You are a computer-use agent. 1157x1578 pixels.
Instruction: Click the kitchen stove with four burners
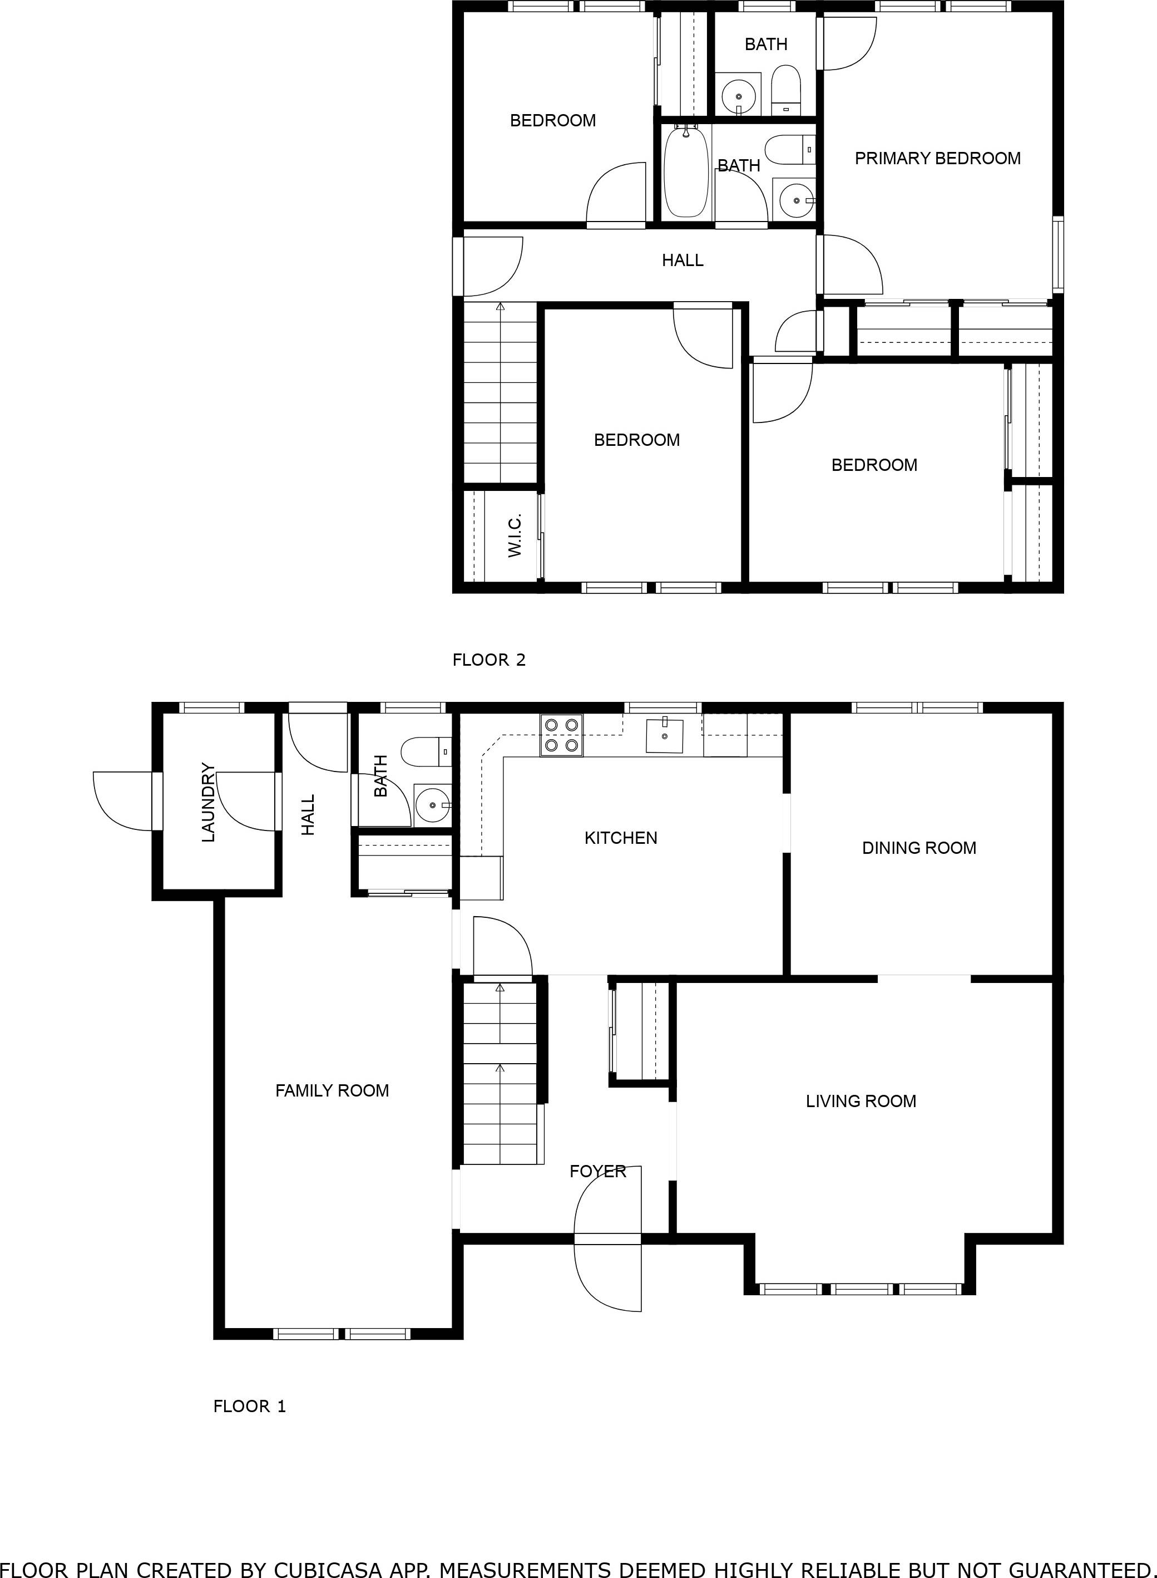[x=562, y=735]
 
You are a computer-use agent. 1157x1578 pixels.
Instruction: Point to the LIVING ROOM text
[x=861, y=1101]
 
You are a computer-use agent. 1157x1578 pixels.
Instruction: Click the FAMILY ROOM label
[x=332, y=1090]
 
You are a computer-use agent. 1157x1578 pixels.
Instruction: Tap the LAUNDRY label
[x=208, y=802]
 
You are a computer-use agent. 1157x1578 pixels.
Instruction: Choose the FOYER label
[x=597, y=1171]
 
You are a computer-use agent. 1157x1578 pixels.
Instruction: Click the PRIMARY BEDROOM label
[x=937, y=159]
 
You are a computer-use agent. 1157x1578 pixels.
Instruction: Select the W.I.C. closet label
[x=515, y=535]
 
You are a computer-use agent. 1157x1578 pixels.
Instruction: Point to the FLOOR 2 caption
[x=489, y=660]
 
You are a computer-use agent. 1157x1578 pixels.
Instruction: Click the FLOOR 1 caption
[x=249, y=1405]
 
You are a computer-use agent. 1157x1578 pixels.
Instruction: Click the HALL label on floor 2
[x=682, y=260]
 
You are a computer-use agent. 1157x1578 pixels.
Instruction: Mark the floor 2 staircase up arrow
[x=500, y=306]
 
